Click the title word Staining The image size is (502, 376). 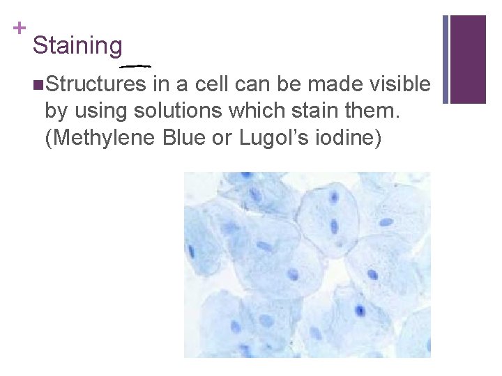tap(77, 46)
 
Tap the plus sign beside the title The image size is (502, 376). tap(19, 29)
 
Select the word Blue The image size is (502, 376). tap(186, 136)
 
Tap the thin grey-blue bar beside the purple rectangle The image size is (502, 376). tap(446, 59)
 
